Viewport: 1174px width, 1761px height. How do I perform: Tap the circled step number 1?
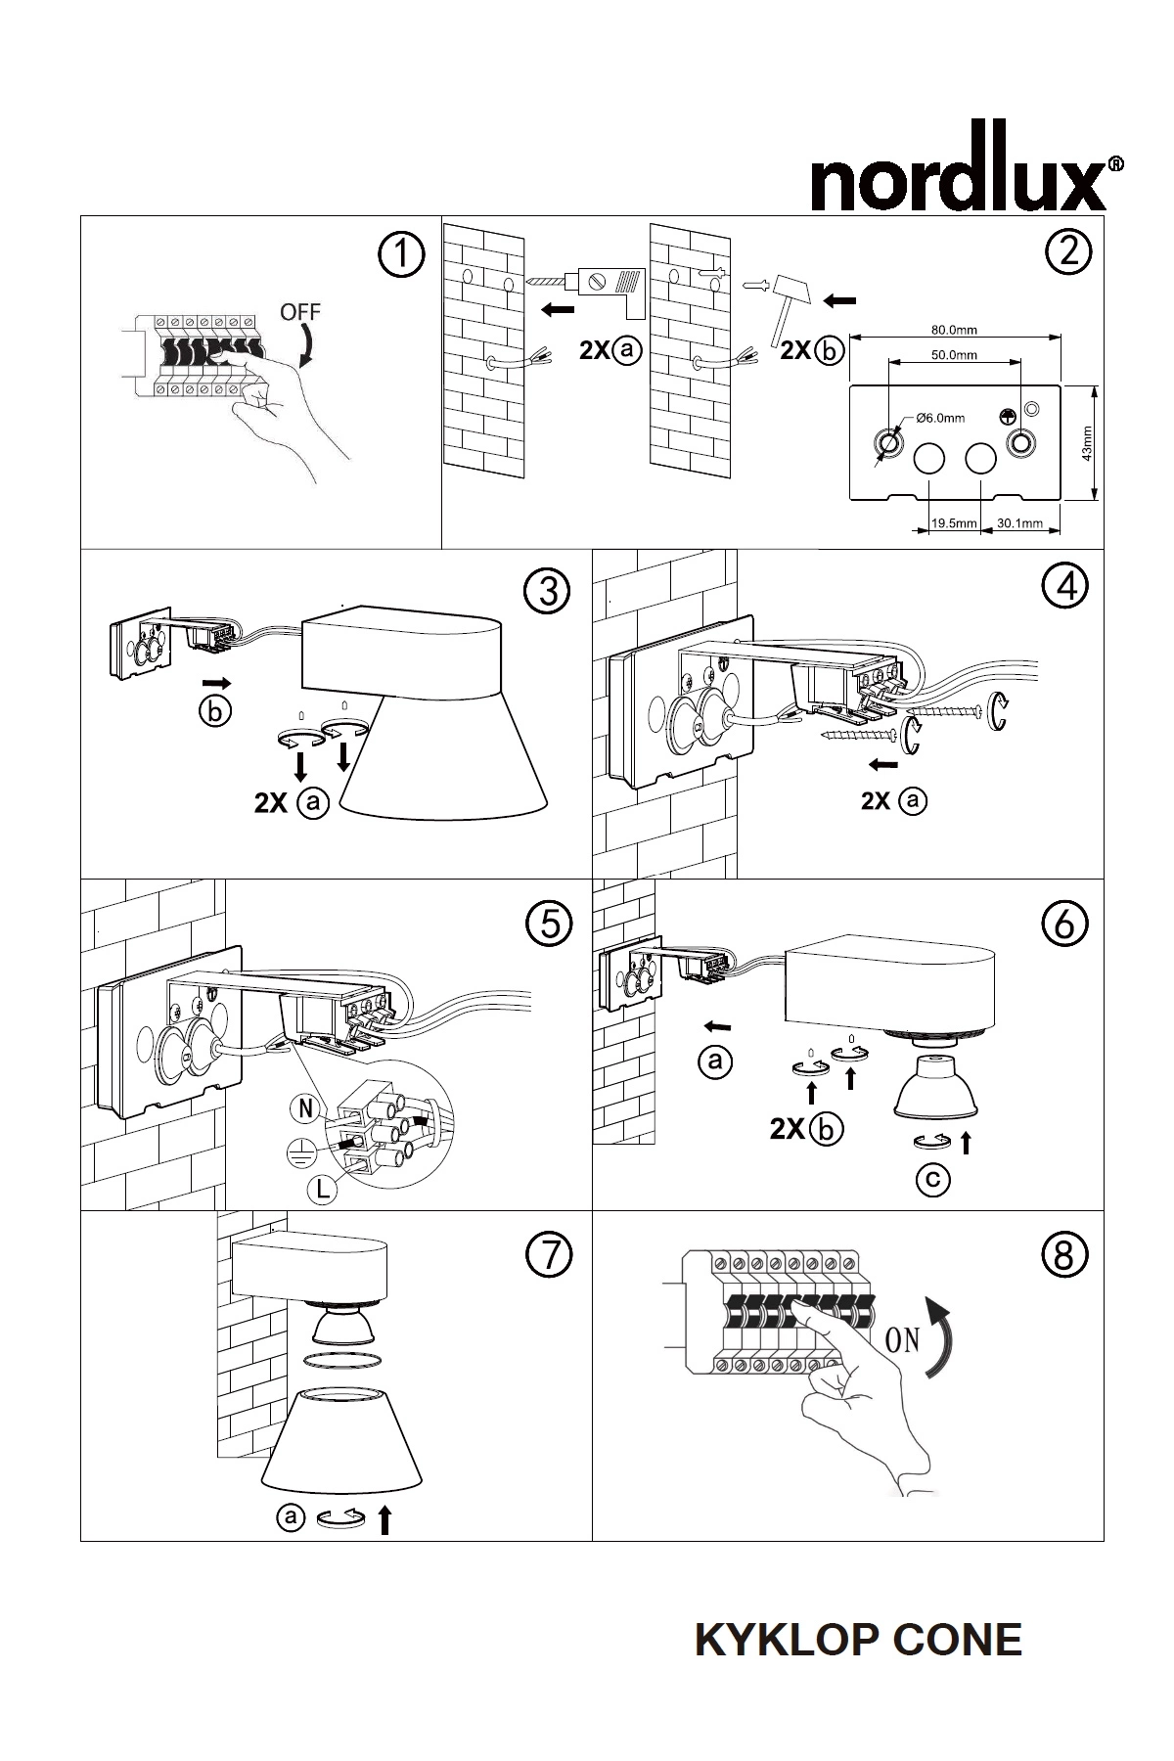pyautogui.click(x=400, y=256)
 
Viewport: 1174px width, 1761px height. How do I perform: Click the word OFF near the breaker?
pyautogui.click(x=299, y=313)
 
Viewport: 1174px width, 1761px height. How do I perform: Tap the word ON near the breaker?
pyautogui.click(x=902, y=1339)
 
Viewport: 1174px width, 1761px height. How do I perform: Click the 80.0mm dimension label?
pyautogui.click(x=954, y=330)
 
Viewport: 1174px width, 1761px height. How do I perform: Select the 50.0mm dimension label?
pyautogui.click(x=954, y=355)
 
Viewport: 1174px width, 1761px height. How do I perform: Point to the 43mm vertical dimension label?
pyautogui.click(x=1087, y=443)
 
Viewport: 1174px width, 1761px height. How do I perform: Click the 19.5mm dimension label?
pyautogui.click(x=954, y=523)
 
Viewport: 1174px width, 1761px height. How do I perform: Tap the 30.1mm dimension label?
pyautogui.click(x=1019, y=523)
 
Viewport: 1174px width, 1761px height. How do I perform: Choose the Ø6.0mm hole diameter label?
pyautogui.click(x=940, y=418)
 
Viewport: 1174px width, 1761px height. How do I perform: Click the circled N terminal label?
pyautogui.click(x=305, y=1108)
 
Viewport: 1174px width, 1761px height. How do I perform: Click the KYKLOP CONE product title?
pyautogui.click(x=858, y=1640)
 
